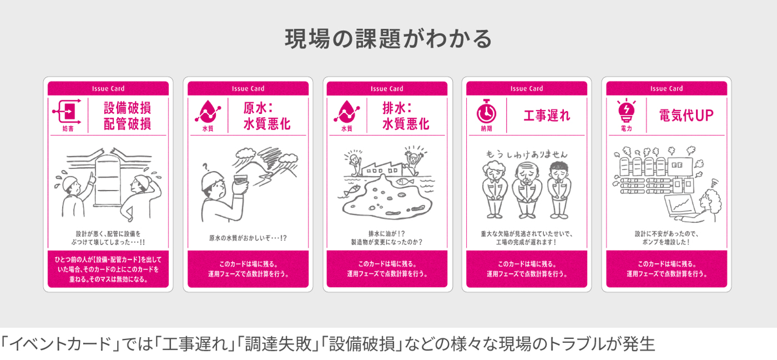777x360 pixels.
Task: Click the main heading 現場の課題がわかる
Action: click(388, 39)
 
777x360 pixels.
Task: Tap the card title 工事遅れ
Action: click(547, 116)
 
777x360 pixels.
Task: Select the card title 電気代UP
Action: click(686, 116)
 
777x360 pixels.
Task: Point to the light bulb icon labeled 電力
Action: click(626, 111)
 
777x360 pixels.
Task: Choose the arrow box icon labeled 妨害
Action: click(67, 112)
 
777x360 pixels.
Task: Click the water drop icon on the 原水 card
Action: click(208, 111)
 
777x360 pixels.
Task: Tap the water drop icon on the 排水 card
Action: click(346, 111)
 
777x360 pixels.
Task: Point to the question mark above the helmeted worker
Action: click(206, 167)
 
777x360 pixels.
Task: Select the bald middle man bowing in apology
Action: click(527, 189)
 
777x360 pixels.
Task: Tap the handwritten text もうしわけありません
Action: click(526, 154)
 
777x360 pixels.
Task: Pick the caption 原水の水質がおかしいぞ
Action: click(248, 238)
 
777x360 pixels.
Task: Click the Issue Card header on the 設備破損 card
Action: click(108, 89)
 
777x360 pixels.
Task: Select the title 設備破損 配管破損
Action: click(127, 116)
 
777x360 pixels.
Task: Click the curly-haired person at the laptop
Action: click(710, 205)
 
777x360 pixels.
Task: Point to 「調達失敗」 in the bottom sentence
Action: click(279, 344)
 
